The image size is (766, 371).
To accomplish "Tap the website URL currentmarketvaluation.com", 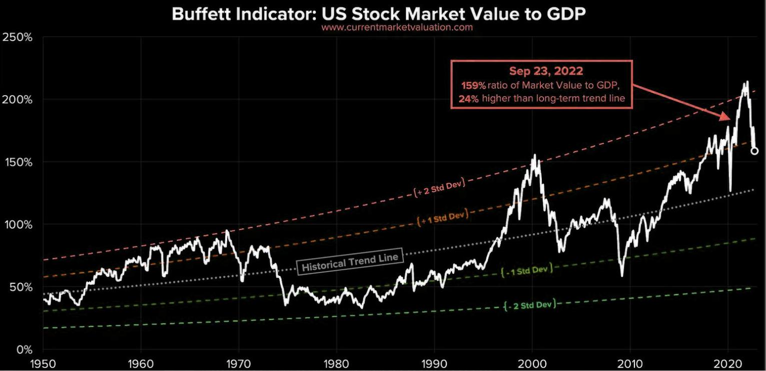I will click(x=397, y=28).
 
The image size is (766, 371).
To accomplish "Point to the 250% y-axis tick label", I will click(x=18, y=38).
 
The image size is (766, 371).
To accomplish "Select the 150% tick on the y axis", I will click(x=18, y=162).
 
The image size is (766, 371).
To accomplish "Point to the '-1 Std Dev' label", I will click(x=526, y=270).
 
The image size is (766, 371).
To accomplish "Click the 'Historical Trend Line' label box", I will click(x=350, y=261).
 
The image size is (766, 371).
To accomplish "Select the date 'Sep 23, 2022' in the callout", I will click(x=542, y=72).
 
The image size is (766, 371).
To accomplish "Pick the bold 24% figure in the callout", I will click(x=468, y=98).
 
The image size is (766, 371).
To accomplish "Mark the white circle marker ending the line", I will click(x=754, y=151).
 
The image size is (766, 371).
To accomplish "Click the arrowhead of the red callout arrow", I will click(x=726, y=118).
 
